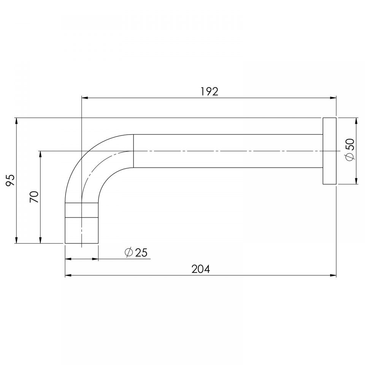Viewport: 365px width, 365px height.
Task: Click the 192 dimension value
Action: pyautogui.click(x=209, y=92)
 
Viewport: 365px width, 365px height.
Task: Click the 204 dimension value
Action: pyautogui.click(x=201, y=269)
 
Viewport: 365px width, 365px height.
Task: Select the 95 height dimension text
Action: pyautogui.click(x=10, y=180)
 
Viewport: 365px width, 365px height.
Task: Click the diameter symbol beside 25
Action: pyautogui.click(x=129, y=252)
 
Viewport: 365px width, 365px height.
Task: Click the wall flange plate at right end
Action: pyautogui.click(x=330, y=151)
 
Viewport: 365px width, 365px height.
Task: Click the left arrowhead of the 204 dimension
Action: pyautogui.click(x=68, y=275)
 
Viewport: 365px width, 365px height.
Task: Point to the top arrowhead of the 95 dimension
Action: pyautogui.click(x=16, y=121)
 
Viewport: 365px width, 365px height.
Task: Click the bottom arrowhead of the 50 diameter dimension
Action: pyautogui.click(x=356, y=181)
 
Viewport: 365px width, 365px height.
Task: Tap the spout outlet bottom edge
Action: pyautogui.click(x=82, y=243)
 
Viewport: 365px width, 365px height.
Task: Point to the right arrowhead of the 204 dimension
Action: pyautogui.click(x=333, y=275)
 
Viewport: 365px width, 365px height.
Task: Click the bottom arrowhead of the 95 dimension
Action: pyautogui.click(x=16, y=240)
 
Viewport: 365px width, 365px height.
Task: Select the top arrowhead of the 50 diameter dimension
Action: pyautogui.click(x=356, y=121)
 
